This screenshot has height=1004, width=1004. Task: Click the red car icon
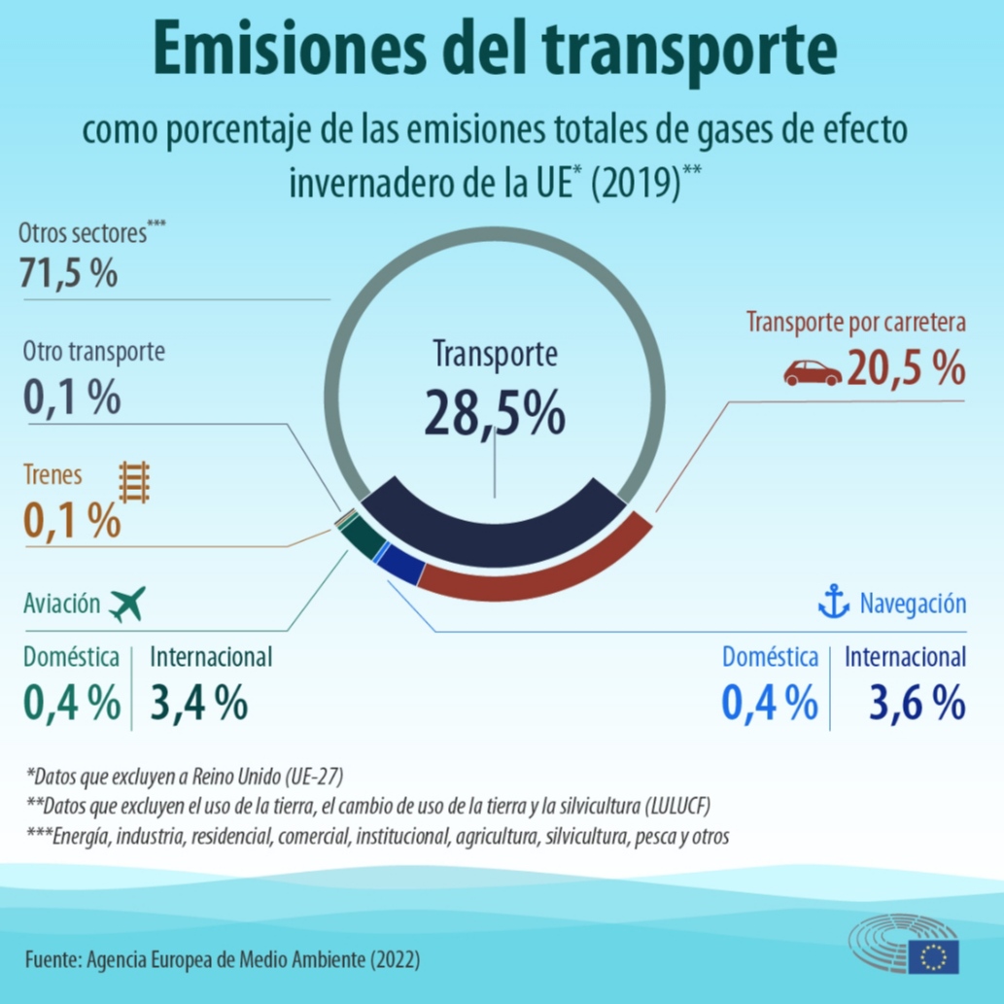813,372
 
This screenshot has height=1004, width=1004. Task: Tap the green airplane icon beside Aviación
127,604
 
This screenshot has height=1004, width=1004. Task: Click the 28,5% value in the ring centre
494,413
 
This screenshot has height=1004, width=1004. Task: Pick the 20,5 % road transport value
906,369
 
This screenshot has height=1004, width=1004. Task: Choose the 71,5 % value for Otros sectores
68,273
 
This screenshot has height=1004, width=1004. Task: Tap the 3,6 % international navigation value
905,703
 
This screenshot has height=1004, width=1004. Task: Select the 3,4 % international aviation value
198,703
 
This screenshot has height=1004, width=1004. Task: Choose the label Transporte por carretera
855,322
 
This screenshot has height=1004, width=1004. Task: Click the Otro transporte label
94,351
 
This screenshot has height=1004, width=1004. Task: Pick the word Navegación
913,604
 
